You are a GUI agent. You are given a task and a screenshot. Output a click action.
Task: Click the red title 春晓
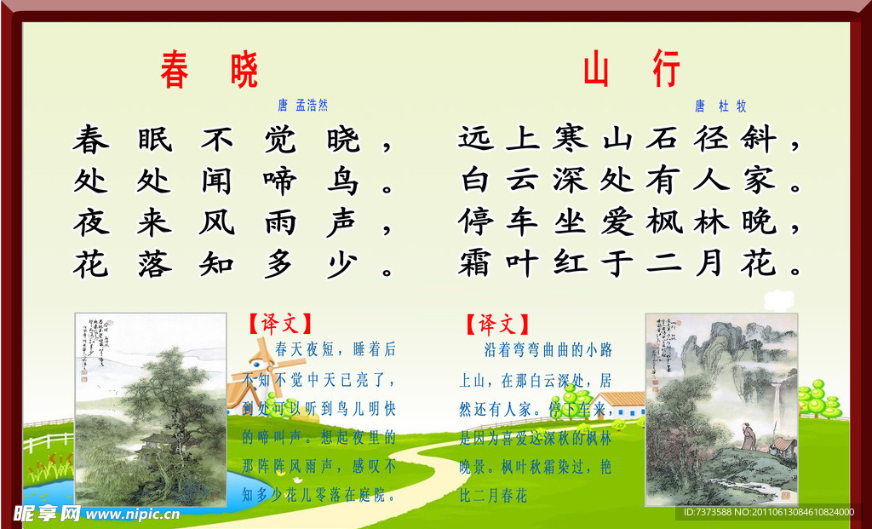[x=209, y=71]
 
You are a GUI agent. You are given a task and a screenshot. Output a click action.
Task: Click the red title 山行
[x=631, y=71]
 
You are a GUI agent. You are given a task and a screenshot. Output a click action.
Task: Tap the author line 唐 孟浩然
[x=302, y=106]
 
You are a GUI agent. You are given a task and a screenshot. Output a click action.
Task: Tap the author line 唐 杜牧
[x=720, y=106]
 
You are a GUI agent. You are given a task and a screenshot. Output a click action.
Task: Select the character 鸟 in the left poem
[x=341, y=181]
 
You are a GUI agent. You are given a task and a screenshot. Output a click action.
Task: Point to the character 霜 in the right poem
[x=478, y=262]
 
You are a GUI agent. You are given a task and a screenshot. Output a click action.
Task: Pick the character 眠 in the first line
[x=154, y=139]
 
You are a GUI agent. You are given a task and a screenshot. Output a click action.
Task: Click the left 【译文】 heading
[x=279, y=324]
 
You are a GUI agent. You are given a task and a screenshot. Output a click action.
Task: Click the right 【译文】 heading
[x=496, y=324]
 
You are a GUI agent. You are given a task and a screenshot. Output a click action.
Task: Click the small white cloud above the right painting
[x=779, y=299]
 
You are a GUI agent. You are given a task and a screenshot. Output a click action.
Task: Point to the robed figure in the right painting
[x=748, y=440]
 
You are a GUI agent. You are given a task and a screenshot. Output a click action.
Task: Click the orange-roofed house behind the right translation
[x=618, y=405]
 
